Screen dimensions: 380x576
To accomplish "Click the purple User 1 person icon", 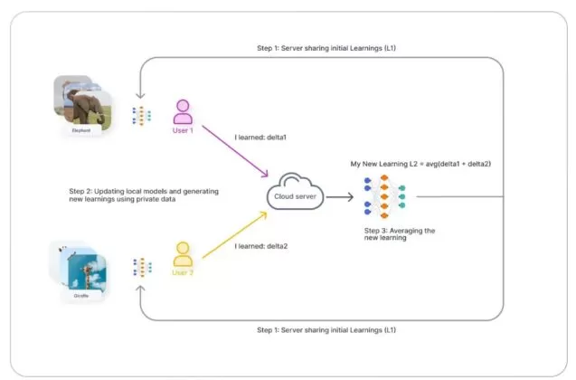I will pyautogui.click(x=184, y=112).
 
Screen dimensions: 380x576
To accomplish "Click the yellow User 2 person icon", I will pyautogui.click(x=184, y=253).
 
